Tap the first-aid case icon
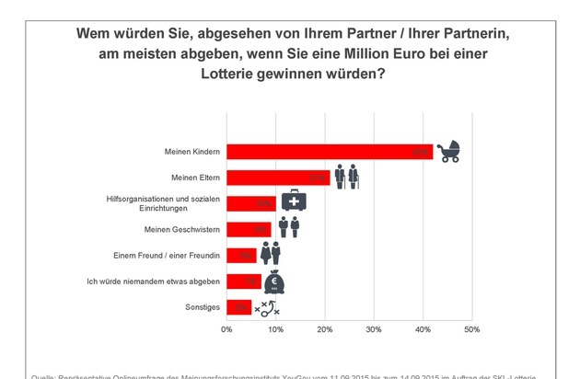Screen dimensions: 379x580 295,201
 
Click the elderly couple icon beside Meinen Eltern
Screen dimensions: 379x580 346,176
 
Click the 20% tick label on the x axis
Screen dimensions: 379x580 325,328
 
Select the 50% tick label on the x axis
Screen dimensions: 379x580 471,328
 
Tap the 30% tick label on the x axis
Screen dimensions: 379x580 374,328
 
